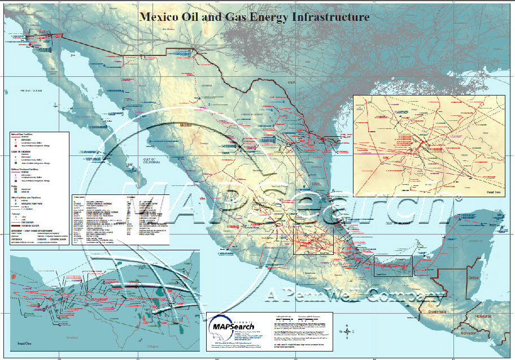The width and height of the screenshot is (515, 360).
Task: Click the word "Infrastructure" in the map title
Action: [x=330, y=17]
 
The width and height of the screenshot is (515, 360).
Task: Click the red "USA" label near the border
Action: [x=291, y=83]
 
